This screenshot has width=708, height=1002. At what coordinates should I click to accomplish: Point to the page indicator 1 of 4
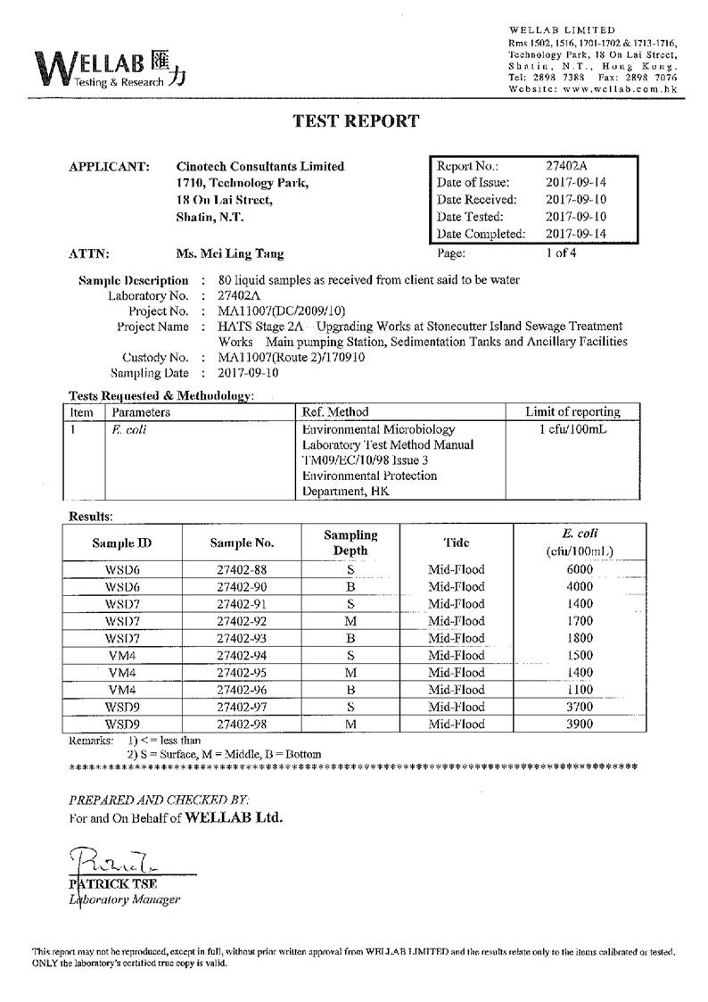click(562, 253)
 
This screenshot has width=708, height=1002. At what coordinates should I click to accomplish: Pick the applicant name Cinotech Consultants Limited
click(260, 166)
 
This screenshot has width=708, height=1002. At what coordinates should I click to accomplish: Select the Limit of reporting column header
click(572, 412)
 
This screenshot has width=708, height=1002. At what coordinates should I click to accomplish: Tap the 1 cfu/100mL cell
click(572, 429)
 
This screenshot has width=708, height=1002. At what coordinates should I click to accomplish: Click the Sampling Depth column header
click(350, 542)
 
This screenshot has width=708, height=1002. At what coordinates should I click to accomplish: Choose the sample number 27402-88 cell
click(242, 570)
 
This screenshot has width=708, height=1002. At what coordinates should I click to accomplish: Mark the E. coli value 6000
click(579, 570)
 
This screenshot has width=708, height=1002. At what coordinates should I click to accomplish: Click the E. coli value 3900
click(579, 724)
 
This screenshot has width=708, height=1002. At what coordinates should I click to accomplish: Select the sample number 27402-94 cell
click(242, 656)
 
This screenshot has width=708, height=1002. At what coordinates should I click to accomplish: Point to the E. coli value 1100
click(579, 690)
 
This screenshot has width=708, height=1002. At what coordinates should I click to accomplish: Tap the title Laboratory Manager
click(125, 899)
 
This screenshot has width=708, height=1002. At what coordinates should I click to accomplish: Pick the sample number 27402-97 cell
click(242, 707)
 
